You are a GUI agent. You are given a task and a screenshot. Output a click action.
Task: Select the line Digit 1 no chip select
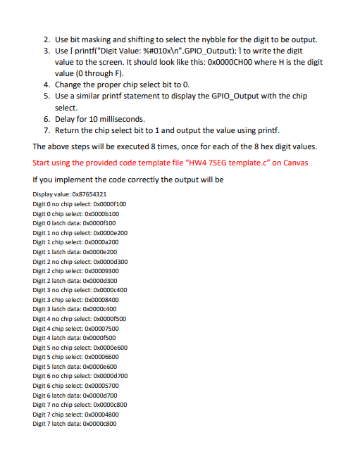[80, 232]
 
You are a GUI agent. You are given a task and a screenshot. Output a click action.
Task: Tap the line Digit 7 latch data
[75, 424]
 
